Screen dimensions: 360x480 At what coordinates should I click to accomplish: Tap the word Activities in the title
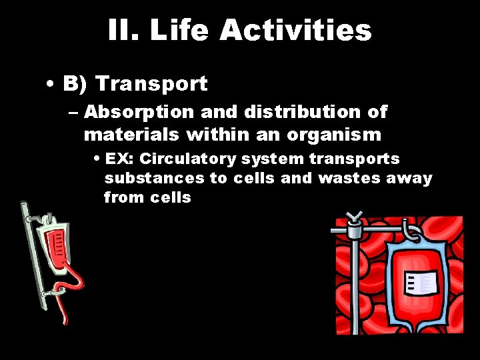[x=295, y=31]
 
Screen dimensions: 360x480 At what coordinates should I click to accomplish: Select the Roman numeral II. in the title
[x=123, y=31]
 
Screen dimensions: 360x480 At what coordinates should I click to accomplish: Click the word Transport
[x=151, y=84]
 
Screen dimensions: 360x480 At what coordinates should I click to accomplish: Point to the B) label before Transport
[x=75, y=84]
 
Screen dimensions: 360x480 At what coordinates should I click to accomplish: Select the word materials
[x=131, y=135]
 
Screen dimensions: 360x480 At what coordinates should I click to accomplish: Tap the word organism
[x=334, y=135]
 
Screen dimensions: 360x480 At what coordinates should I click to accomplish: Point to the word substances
[x=154, y=179]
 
